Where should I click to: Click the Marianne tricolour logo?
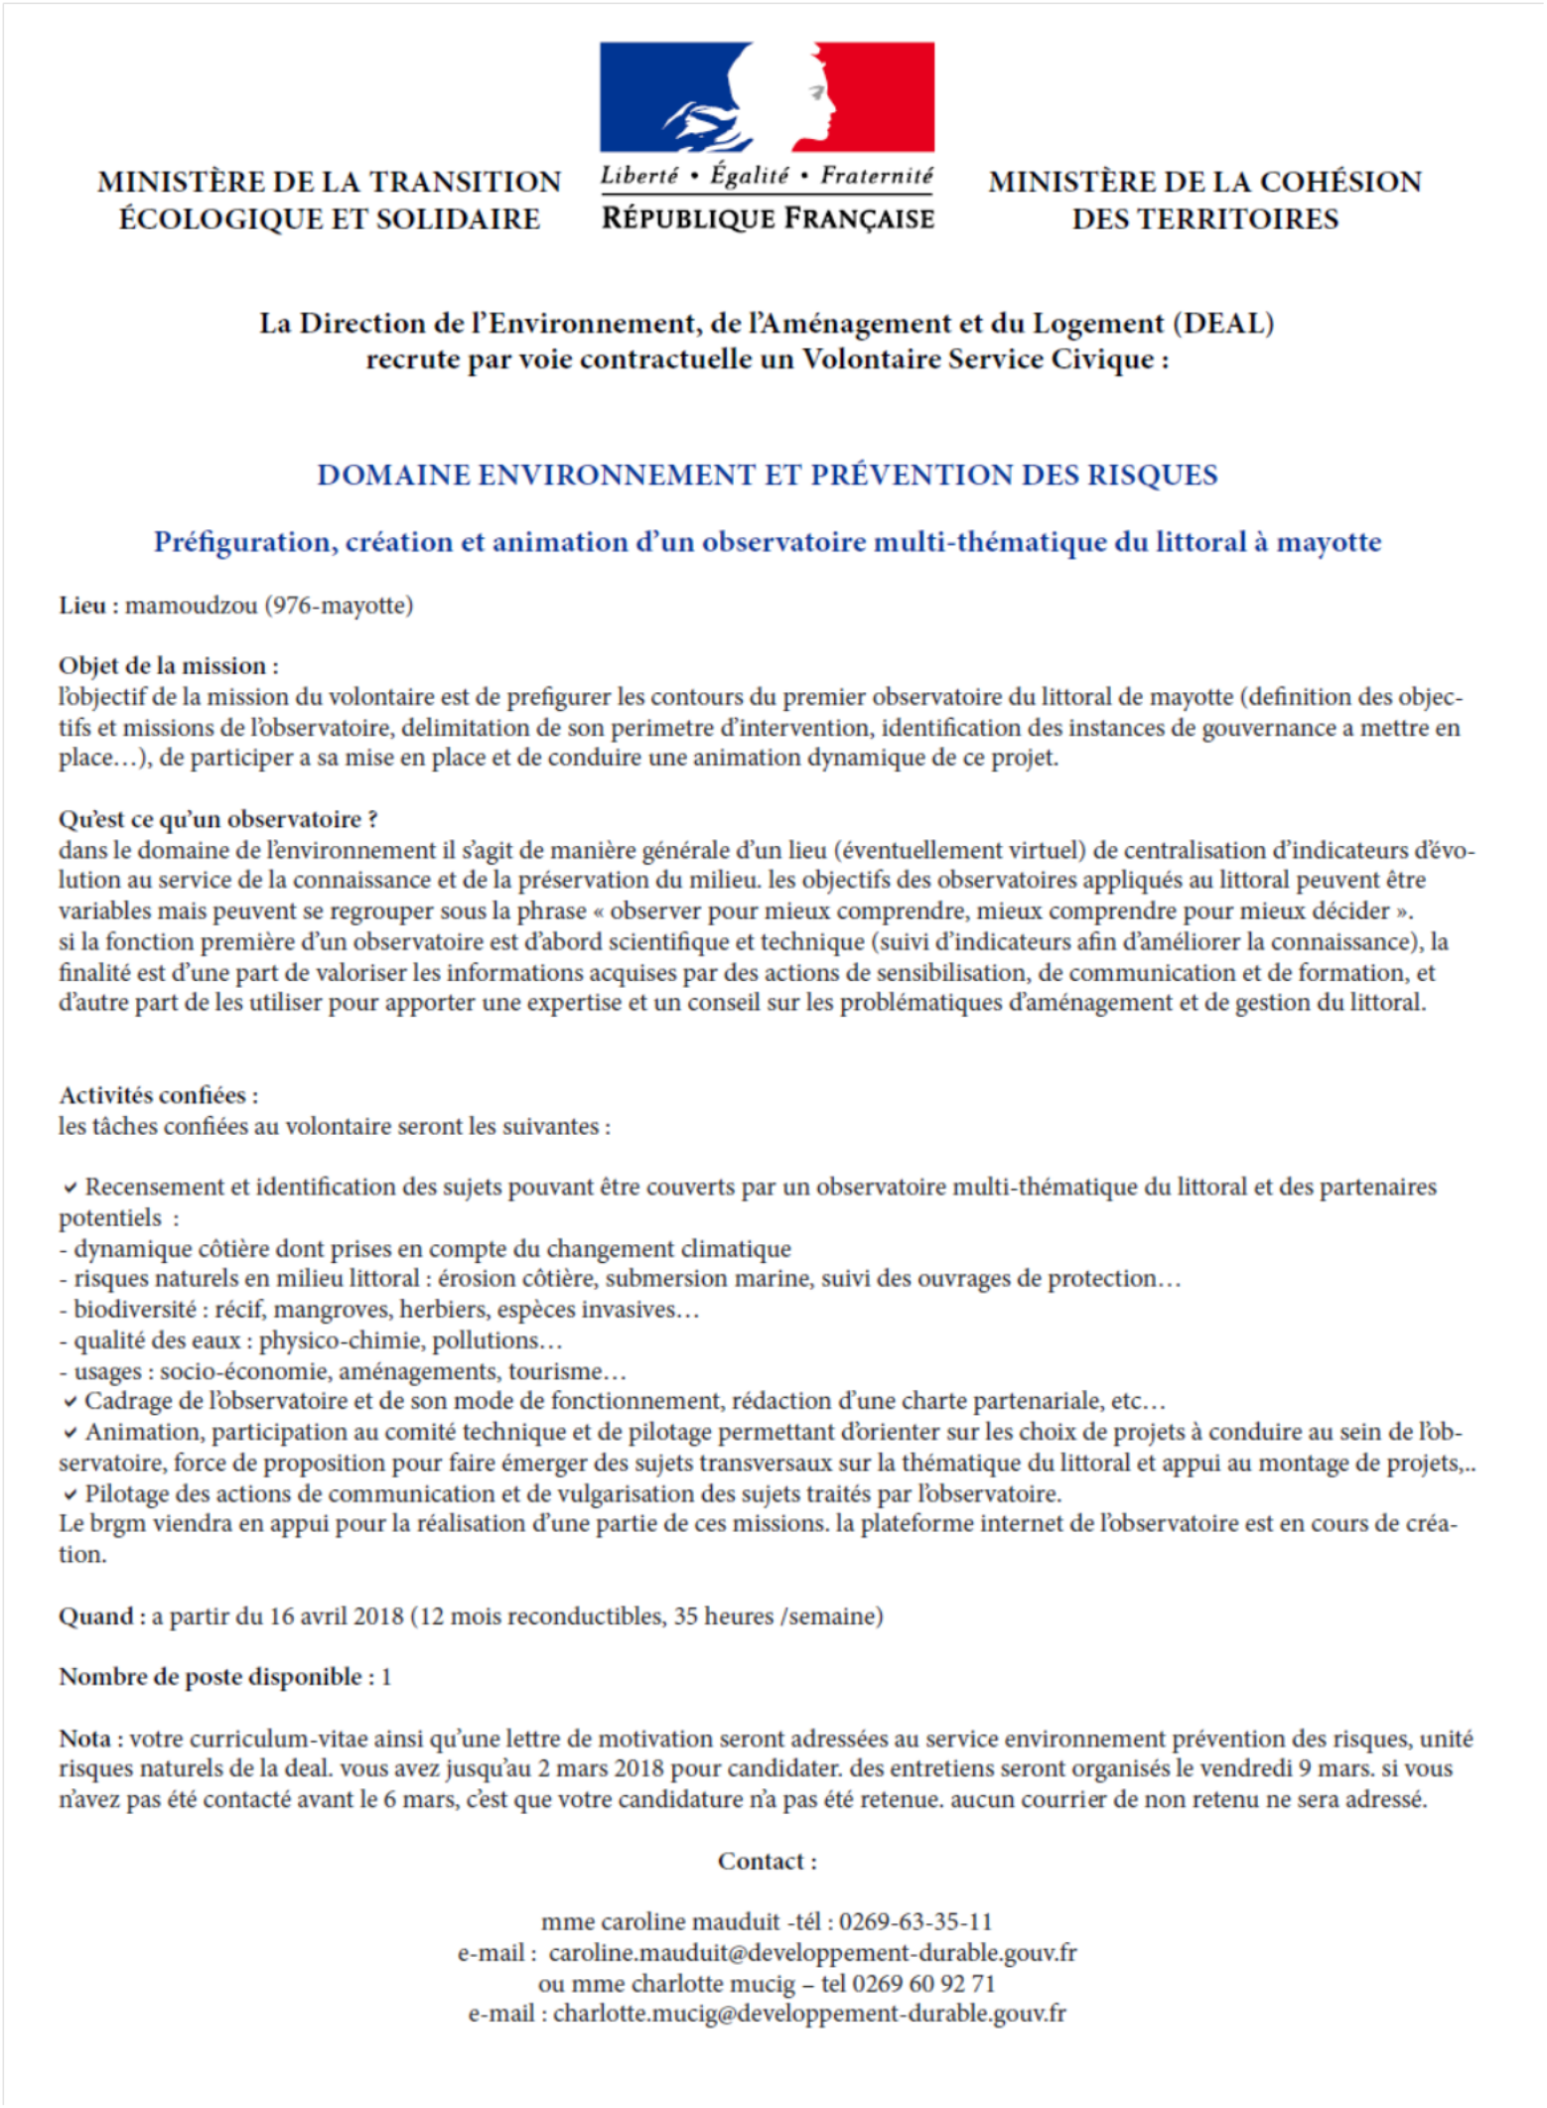pos(767,97)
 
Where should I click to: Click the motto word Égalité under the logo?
pos(750,176)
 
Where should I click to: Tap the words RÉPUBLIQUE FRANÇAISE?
pos(768,218)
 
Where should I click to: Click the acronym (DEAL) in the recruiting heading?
pos(1223,324)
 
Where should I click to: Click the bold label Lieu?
pos(82,605)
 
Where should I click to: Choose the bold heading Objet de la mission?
pos(167,665)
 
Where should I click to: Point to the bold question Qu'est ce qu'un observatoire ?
pos(217,819)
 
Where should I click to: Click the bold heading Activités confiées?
pos(157,1095)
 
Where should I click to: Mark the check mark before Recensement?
pos(70,1188)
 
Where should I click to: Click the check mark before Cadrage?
pos(70,1402)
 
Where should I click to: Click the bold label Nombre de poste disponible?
pos(211,1677)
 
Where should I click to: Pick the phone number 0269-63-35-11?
pos(914,1922)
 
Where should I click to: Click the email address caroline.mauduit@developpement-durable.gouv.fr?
pos(812,1953)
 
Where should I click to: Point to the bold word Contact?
pos(765,1862)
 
